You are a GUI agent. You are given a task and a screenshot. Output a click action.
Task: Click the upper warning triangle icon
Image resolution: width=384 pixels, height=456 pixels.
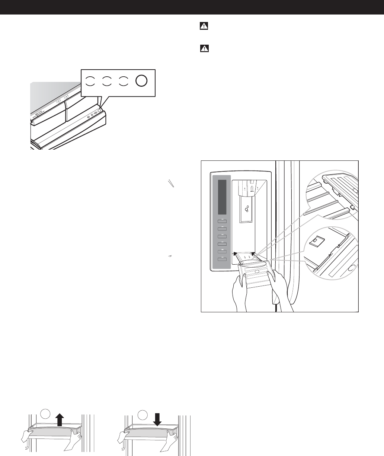click(204, 26)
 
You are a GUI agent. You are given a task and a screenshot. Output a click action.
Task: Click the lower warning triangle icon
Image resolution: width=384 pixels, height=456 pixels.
click(204, 48)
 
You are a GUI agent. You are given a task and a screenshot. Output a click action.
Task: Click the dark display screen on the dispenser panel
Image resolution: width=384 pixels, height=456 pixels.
click(223, 197)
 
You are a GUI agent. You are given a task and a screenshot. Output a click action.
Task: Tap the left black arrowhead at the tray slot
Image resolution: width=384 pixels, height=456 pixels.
click(235, 254)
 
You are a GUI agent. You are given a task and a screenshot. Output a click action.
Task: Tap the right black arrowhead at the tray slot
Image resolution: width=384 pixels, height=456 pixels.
click(254, 254)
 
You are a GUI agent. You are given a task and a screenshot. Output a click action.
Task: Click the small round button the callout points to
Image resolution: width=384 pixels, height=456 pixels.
click(100, 111)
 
